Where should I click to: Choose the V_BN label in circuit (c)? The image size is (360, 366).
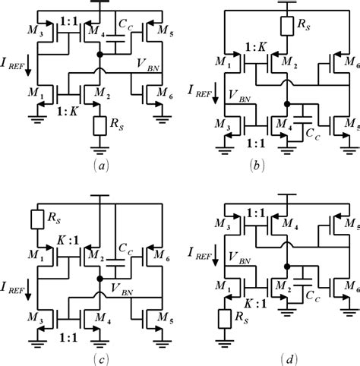coord(122,289)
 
